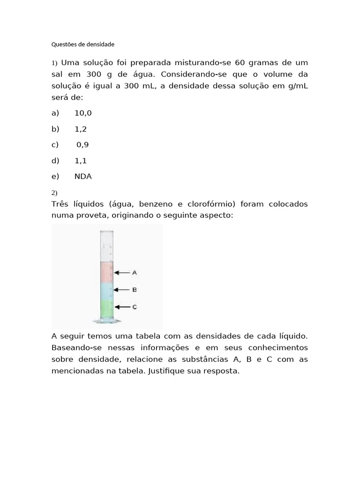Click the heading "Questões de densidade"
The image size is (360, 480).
(82, 45)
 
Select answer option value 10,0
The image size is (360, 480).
(83, 113)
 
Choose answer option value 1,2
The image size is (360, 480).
(80, 129)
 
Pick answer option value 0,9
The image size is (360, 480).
(82, 145)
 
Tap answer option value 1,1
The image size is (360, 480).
(80, 161)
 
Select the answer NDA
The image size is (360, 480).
(83, 177)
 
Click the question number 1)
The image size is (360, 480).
(54, 63)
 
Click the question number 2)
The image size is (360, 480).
(54, 193)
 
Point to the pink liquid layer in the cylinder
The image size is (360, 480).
(107, 271)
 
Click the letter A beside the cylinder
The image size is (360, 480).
(135, 272)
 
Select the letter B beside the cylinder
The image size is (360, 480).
(135, 290)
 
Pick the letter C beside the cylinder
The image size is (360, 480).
(135, 307)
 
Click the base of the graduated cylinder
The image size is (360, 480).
(107, 322)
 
